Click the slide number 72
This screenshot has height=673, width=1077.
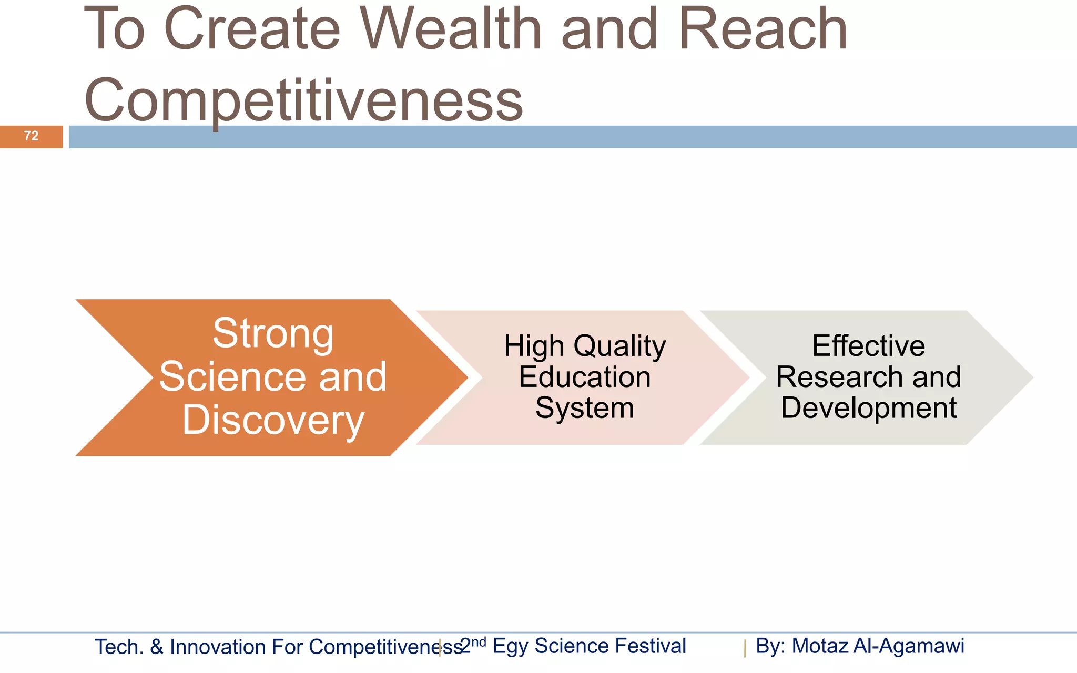31,136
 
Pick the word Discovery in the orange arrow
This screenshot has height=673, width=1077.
273,420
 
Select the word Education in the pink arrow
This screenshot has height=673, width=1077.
585,377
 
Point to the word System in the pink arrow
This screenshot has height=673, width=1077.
585,408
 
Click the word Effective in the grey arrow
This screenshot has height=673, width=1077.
868,346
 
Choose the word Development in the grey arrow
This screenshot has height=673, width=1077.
868,408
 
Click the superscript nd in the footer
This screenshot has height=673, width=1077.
479,642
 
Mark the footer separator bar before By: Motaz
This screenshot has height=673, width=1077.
745,648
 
